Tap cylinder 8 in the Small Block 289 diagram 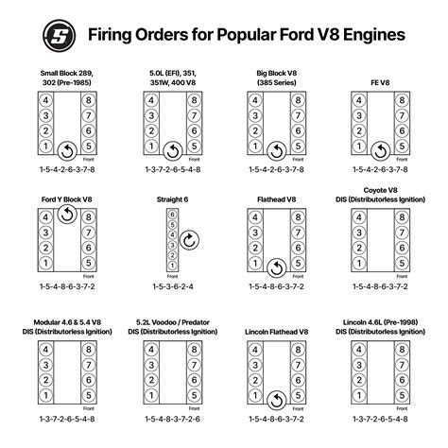click(87, 99)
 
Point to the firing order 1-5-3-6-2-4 click(172, 284)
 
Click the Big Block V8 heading click(275, 71)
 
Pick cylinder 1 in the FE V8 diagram click(357, 147)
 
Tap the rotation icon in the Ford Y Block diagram click(66, 215)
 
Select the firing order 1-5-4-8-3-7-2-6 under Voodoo click(172, 419)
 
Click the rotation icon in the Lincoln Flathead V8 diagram click(275, 397)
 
